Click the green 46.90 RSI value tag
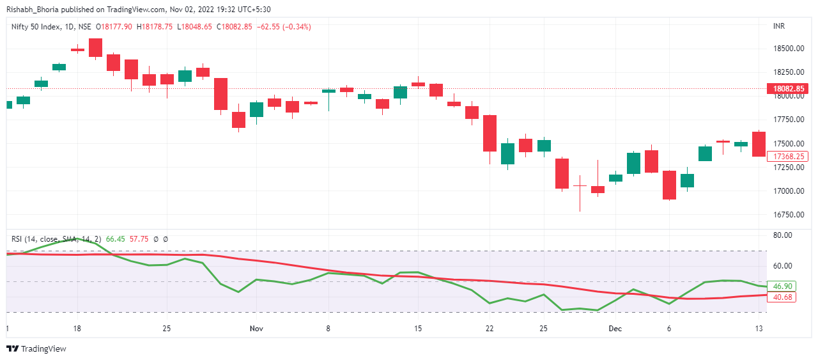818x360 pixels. coord(782,286)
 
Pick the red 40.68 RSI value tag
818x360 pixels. coord(782,297)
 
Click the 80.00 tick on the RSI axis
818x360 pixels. coord(782,235)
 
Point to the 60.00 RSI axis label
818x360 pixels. coord(782,266)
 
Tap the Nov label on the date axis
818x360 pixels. coord(256,329)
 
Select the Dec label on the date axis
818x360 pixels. coord(615,329)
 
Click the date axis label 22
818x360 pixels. coord(490,329)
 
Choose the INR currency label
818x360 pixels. coord(779,26)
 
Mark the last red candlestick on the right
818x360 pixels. coord(759,144)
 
